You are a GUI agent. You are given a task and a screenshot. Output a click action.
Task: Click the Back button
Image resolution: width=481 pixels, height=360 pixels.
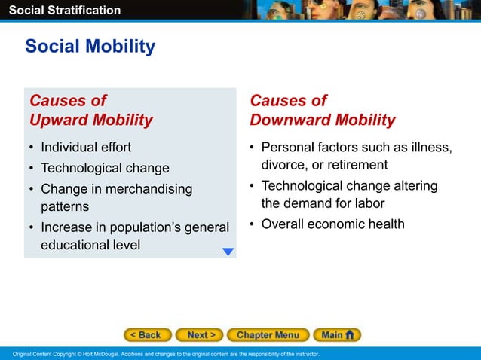coord(148,334)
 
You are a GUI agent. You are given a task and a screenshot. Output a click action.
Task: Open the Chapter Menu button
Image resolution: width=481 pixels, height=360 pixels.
coord(267,334)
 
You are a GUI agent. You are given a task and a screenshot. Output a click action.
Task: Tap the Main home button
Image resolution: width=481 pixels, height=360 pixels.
coord(337,334)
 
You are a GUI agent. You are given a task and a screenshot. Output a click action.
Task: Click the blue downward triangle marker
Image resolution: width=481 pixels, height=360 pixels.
coord(228,252)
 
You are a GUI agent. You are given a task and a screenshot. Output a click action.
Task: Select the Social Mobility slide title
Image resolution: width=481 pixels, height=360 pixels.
coord(90,47)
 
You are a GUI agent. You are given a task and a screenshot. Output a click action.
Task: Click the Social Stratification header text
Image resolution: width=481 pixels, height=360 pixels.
coord(60,10)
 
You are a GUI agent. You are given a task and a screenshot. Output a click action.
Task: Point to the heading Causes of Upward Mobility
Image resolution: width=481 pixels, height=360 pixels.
coord(90,110)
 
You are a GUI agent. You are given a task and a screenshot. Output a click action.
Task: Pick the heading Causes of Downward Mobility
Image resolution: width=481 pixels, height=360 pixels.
coord(322,110)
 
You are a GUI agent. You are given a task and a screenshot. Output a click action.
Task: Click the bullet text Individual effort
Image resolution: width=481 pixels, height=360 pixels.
coord(86,147)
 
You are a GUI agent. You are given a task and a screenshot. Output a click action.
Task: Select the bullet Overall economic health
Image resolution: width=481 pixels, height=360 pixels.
coord(332,224)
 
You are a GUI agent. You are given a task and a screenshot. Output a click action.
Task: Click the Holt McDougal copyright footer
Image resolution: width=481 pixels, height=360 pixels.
coord(162,354)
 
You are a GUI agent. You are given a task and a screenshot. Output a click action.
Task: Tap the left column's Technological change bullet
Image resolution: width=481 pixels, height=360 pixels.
coord(105,168)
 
